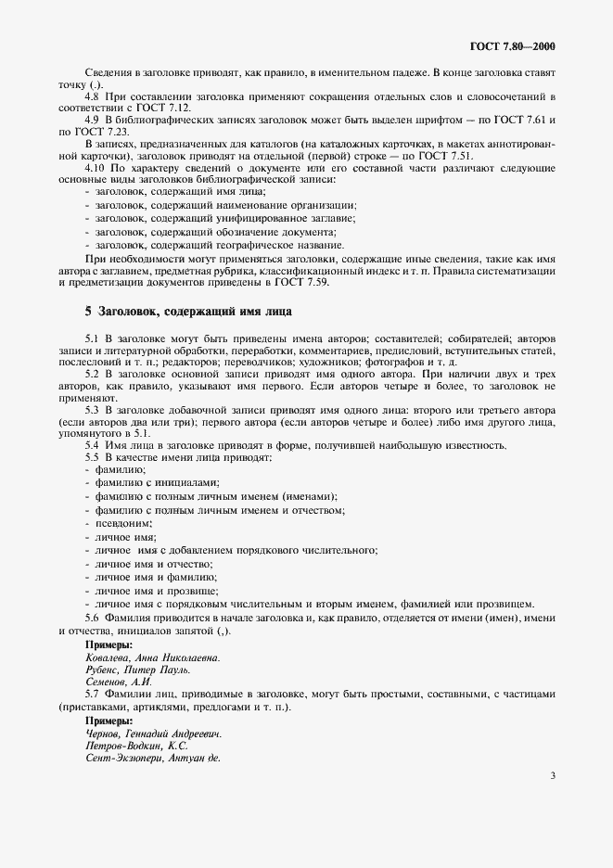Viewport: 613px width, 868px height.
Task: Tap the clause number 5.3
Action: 93,409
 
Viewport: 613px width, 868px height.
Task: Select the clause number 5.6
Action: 93,618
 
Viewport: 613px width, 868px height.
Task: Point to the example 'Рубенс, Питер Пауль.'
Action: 137,669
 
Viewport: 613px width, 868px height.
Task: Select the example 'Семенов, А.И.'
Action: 118,682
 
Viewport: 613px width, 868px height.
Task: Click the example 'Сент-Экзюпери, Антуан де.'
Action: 152,758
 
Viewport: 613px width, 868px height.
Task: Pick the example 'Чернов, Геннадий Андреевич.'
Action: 153,733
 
